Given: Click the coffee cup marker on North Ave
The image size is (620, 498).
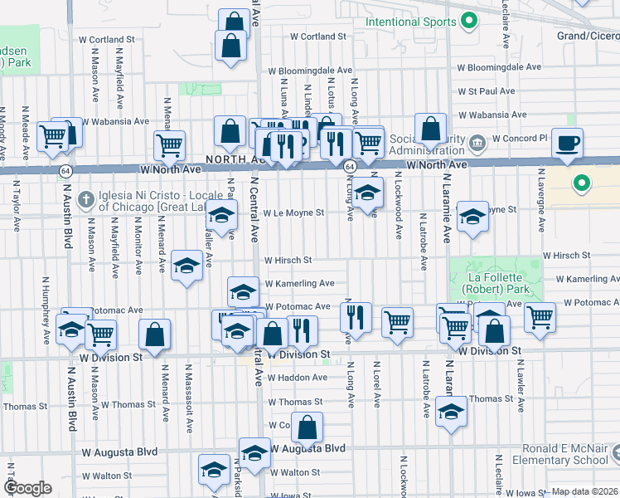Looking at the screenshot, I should click(x=567, y=142).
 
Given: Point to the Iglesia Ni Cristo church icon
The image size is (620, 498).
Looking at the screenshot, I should click(x=85, y=199).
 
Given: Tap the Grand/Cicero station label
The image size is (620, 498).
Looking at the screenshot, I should click(x=588, y=37).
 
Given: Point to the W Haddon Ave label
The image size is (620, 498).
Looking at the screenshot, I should click(x=296, y=377).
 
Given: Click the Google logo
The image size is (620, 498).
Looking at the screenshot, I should click(x=27, y=488).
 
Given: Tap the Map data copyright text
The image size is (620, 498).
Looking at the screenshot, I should click(x=584, y=491).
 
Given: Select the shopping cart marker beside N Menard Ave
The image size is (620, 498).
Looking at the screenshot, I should click(x=169, y=145).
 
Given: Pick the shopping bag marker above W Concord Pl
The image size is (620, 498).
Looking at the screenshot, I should click(x=430, y=129).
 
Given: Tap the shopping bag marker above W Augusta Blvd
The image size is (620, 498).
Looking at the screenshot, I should click(x=307, y=427).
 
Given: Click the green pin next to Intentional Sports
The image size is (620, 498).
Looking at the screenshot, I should click(x=468, y=20).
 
